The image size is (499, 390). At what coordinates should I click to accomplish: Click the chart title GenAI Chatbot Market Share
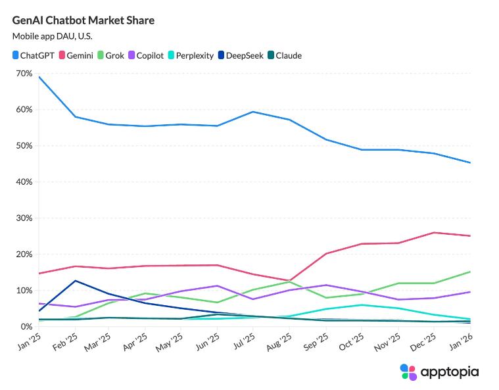click(83, 20)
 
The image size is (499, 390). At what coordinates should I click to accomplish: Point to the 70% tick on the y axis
click(24, 74)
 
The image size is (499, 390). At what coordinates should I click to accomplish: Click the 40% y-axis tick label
click(24, 182)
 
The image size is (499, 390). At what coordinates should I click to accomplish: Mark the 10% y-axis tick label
click(24, 291)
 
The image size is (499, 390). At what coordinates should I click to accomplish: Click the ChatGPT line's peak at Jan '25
click(39, 77)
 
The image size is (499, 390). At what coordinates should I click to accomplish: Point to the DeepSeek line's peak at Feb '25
click(75, 281)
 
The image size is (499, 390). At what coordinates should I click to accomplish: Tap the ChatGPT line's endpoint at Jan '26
click(470, 162)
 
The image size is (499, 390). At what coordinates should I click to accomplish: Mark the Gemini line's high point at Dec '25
click(434, 232)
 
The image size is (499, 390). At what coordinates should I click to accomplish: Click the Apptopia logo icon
click(408, 372)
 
